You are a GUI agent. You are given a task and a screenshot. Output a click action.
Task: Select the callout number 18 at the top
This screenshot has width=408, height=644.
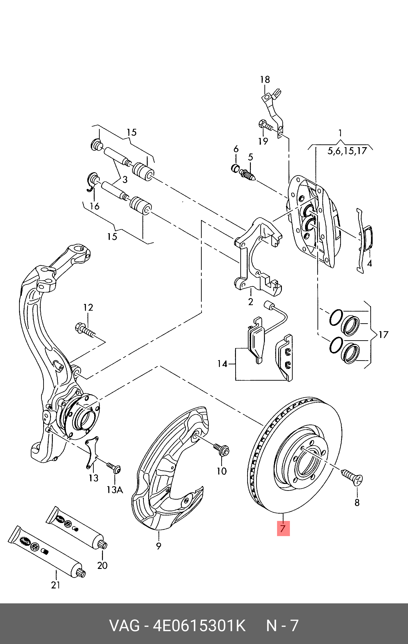click(265, 79)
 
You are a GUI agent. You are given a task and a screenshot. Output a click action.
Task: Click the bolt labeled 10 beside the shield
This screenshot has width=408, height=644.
click(221, 448)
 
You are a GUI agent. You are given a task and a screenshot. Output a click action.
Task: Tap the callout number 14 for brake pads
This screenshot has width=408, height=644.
click(222, 364)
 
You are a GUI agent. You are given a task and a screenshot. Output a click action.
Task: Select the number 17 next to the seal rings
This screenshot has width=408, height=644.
click(383, 335)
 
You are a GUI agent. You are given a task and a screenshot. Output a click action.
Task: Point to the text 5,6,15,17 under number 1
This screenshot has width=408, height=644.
click(347, 151)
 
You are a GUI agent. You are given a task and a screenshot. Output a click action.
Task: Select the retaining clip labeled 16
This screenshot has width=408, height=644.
click(91, 182)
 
